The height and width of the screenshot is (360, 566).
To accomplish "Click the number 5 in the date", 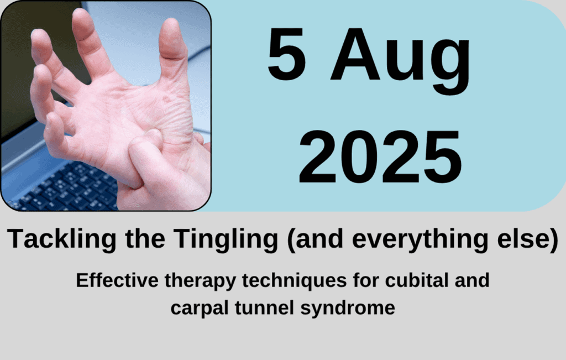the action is (287, 54).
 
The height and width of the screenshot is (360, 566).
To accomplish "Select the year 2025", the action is (380, 157).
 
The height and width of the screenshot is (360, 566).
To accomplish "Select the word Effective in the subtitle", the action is (117, 280).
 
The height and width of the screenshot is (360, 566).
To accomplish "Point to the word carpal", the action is (200, 309).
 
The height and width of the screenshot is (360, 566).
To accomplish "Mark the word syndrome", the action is (348, 309).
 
